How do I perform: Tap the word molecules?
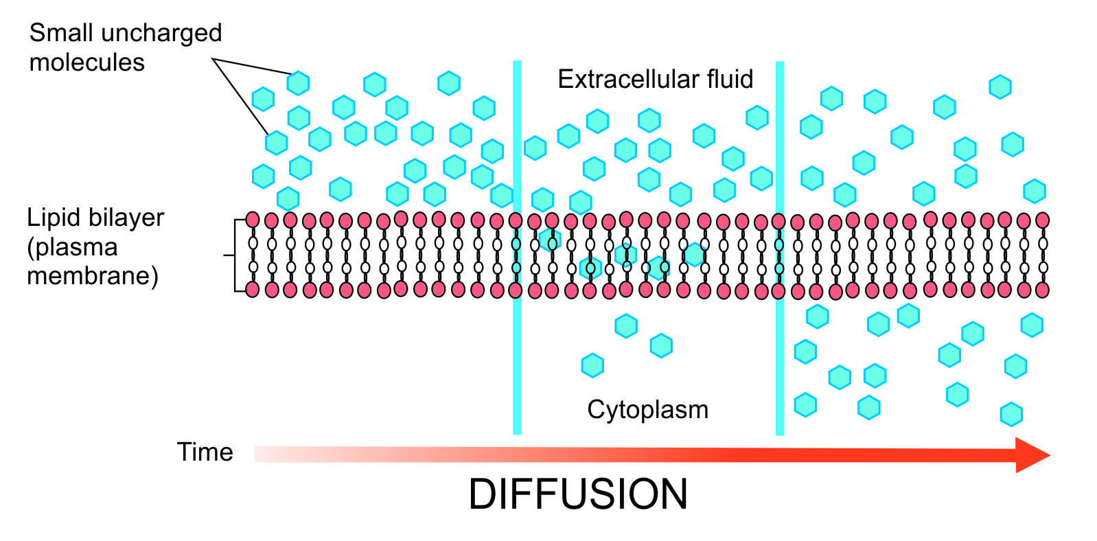point(86,62)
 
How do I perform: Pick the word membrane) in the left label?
point(93,276)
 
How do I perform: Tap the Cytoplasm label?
point(647,410)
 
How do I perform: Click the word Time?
point(205,452)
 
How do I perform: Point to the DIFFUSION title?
point(578,494)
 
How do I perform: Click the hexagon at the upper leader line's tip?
point(298,82)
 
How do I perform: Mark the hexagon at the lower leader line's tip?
point(276,143)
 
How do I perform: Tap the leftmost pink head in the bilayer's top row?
point(253,220)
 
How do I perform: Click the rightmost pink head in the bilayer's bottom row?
point(1042,290)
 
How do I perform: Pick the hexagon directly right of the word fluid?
point(757,117)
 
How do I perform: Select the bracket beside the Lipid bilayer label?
point(235,255)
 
